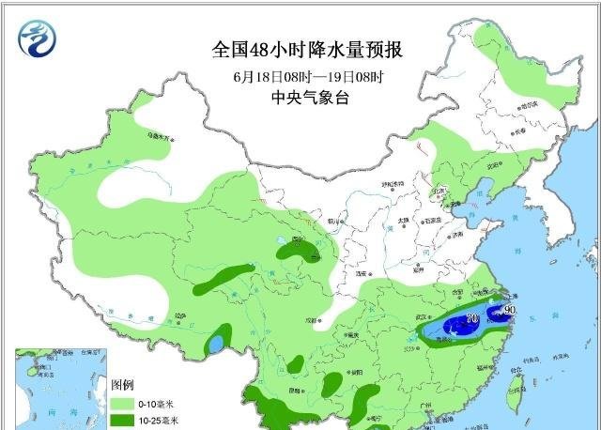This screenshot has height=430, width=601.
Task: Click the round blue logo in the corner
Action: click(37, 38)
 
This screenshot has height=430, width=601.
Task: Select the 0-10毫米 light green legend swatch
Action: click(123, 403)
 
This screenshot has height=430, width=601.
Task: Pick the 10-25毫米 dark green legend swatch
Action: click(123, 420)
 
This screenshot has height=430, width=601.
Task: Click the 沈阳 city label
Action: click(495, 166)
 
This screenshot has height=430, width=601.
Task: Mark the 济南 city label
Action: click(456, 236)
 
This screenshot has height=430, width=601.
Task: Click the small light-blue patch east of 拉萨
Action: click(217, 344)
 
